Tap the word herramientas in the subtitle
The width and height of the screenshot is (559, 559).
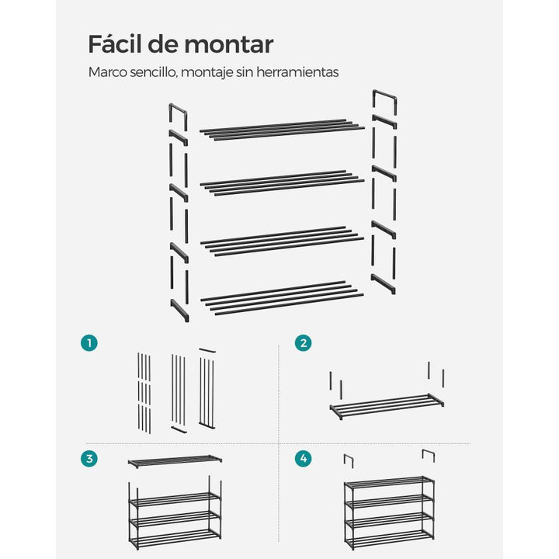(x=297, y=72)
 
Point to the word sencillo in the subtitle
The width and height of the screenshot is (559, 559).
(x=153, y=72)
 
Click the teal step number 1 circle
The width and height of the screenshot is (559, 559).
(x=89, y=343)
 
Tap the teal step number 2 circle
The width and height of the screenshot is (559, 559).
(x=304, y=343)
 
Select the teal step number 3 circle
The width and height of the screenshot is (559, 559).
(x=89, y=459)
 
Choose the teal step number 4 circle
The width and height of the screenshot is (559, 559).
(x=304, y=459)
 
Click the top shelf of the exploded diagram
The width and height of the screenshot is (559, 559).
(x=282, y=130)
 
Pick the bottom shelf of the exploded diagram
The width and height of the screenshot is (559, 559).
(x=282, y=298)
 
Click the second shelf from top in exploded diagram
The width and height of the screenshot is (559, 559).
(x=282, y=183)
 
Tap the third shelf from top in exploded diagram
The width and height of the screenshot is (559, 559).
(x=282, y=241)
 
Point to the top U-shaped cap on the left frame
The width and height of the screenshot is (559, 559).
(x=178, y=108)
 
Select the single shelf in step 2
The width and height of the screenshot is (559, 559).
(x=387, y=406)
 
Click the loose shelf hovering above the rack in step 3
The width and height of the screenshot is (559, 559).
(x=175, y=462)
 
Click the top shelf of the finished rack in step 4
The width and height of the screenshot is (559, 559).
(x=389, y=482)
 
